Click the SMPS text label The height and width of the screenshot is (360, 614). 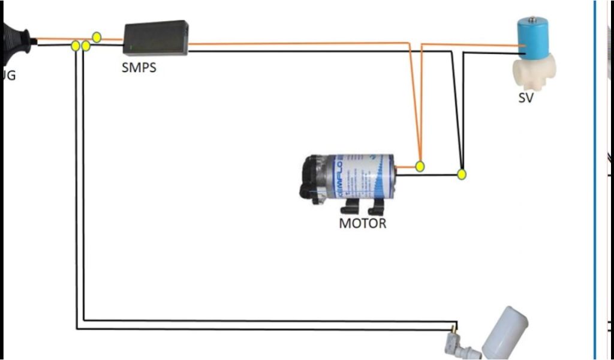[139, 67]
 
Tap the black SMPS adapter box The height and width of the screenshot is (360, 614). [156, 38]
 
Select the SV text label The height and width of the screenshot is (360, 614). [525, 98]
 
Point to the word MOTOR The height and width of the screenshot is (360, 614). [363, 224]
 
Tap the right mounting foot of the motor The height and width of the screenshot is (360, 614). [376, 207]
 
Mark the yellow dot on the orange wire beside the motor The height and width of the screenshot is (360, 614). [420, 166]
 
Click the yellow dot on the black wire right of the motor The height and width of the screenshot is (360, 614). [461, 175]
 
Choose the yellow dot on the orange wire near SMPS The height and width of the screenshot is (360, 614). [97, 37]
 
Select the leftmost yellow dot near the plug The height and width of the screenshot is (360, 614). [76, 46]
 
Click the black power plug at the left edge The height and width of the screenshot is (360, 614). [15, 42]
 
